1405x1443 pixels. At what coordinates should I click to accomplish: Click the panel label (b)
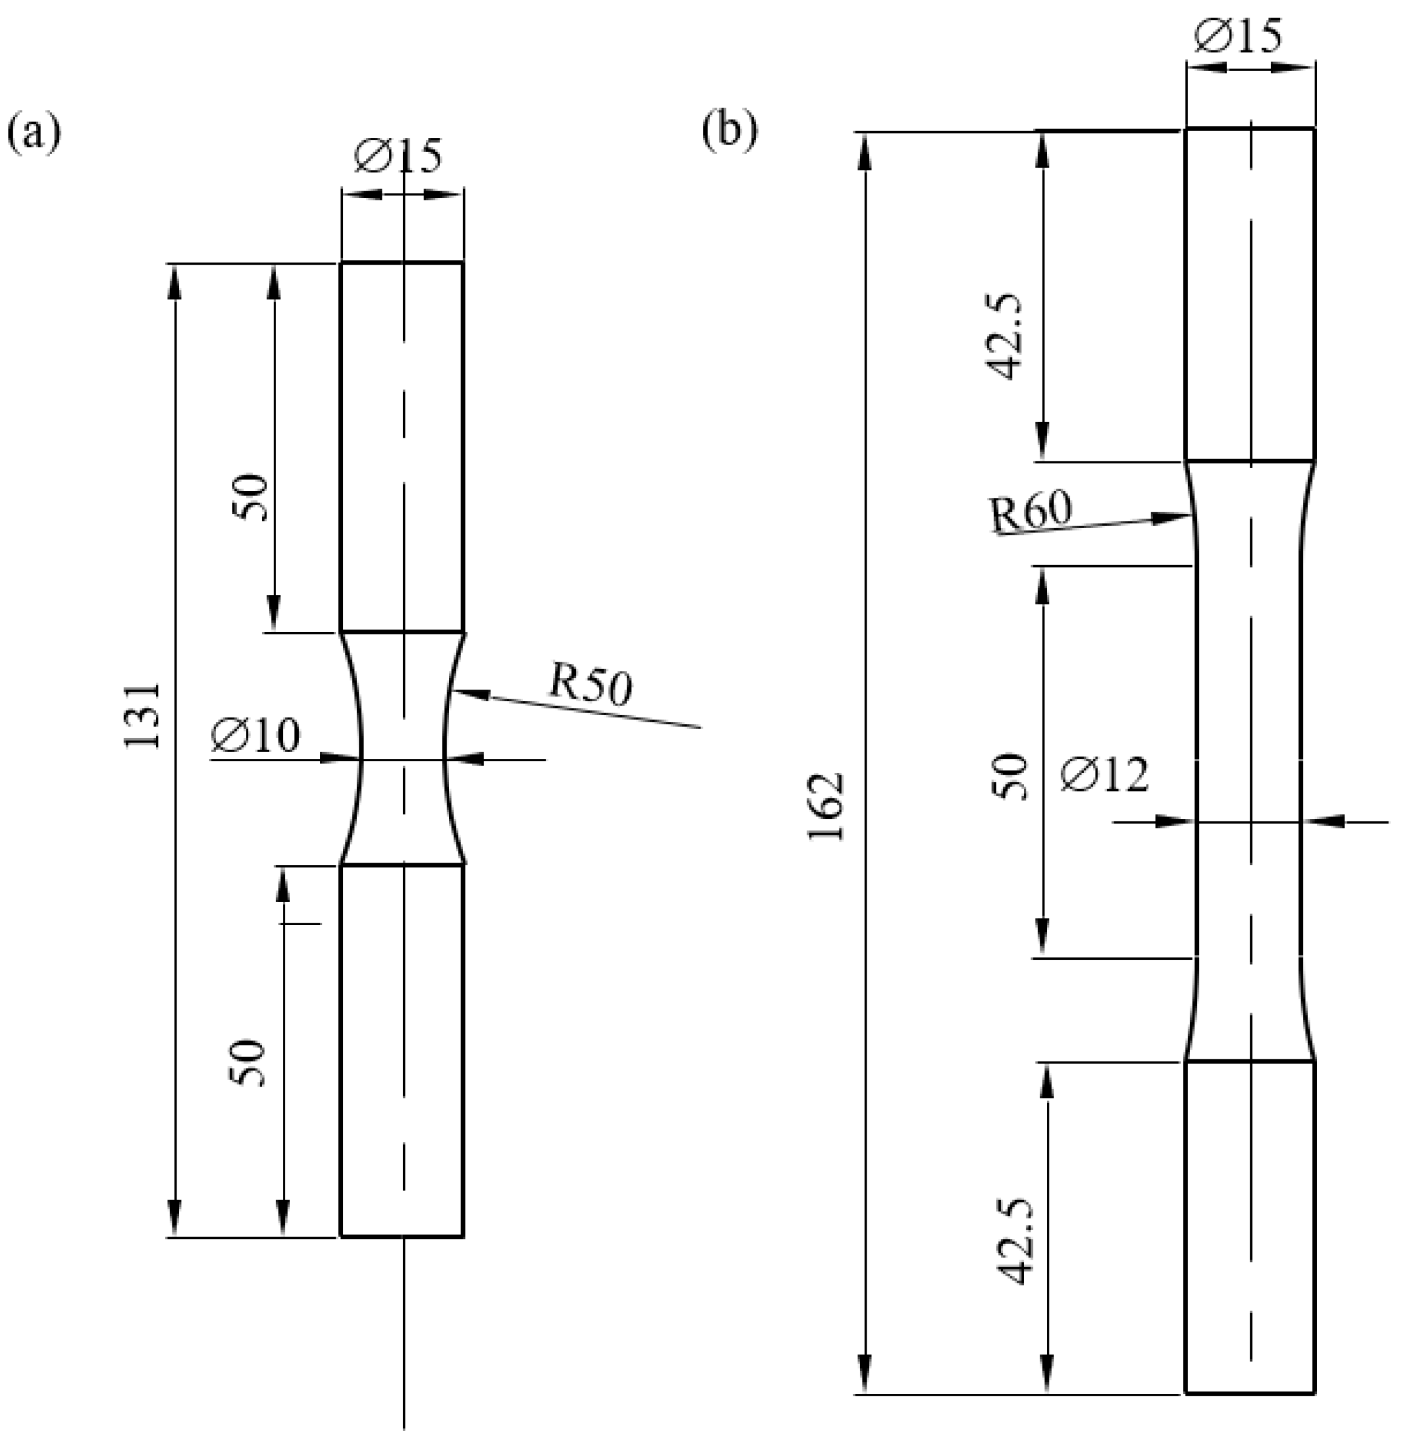pos(729,131)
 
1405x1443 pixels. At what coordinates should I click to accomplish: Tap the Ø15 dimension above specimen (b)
pos(1239,36)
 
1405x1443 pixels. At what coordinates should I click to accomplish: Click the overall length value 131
pos(143,715)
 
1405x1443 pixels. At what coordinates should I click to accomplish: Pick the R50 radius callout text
pos(591,687)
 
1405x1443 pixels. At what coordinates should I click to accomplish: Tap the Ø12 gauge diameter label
pos(1105,776)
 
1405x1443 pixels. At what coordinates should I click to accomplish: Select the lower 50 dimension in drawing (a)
pos(247,1063)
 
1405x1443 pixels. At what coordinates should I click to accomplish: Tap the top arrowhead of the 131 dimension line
pos(175,267)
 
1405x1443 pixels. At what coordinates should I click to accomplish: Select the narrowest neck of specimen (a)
pos(402,758)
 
